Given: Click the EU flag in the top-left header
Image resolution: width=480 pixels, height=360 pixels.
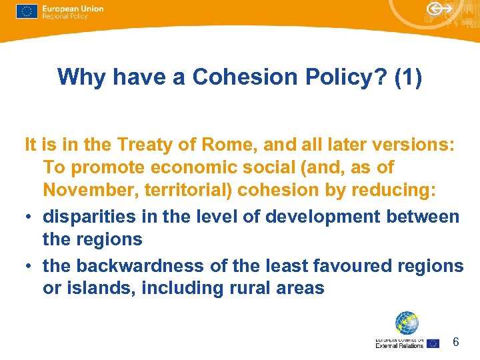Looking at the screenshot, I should (x=27, y=12).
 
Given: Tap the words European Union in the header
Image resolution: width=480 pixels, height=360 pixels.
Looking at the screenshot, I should (x=73, y=8).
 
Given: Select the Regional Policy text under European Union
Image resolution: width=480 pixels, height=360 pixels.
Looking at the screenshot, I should (x=65, y=16).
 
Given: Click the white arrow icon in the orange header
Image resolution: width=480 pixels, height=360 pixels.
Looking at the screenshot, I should (x=439, y=10).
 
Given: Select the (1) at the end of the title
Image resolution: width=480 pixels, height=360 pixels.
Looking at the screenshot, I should (x=408, y=77).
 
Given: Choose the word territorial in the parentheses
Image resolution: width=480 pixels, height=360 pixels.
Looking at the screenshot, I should (x=186, y=190).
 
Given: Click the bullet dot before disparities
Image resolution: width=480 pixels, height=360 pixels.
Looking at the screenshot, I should (x=29, y=217).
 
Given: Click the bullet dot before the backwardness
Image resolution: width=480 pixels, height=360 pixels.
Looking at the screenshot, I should (x=29, y=267).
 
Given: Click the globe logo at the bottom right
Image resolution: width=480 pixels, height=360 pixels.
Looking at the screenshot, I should (x=406, y=323).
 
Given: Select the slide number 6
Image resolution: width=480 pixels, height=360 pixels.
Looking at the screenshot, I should (x=456, y=342).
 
